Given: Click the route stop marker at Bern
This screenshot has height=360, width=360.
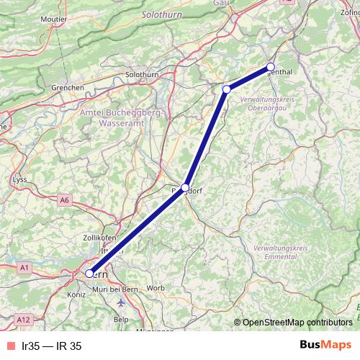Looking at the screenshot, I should point(90,274).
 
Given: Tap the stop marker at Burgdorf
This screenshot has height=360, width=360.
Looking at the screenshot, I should point(185,187).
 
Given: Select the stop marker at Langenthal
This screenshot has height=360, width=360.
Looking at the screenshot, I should point(271,66).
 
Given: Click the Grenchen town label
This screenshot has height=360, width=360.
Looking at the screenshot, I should point(68,88).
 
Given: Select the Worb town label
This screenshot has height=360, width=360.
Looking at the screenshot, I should point(156,289).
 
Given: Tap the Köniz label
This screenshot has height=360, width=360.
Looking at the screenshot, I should point(75,295).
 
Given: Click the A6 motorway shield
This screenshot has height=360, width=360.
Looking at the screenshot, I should point(66,199).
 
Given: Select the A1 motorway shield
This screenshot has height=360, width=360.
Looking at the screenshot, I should point(24,267).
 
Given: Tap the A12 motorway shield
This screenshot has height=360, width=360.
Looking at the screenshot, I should point(24,319).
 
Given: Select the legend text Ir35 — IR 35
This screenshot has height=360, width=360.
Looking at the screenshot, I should point(51,346).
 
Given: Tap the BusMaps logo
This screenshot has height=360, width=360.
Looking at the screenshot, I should point(322,346).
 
